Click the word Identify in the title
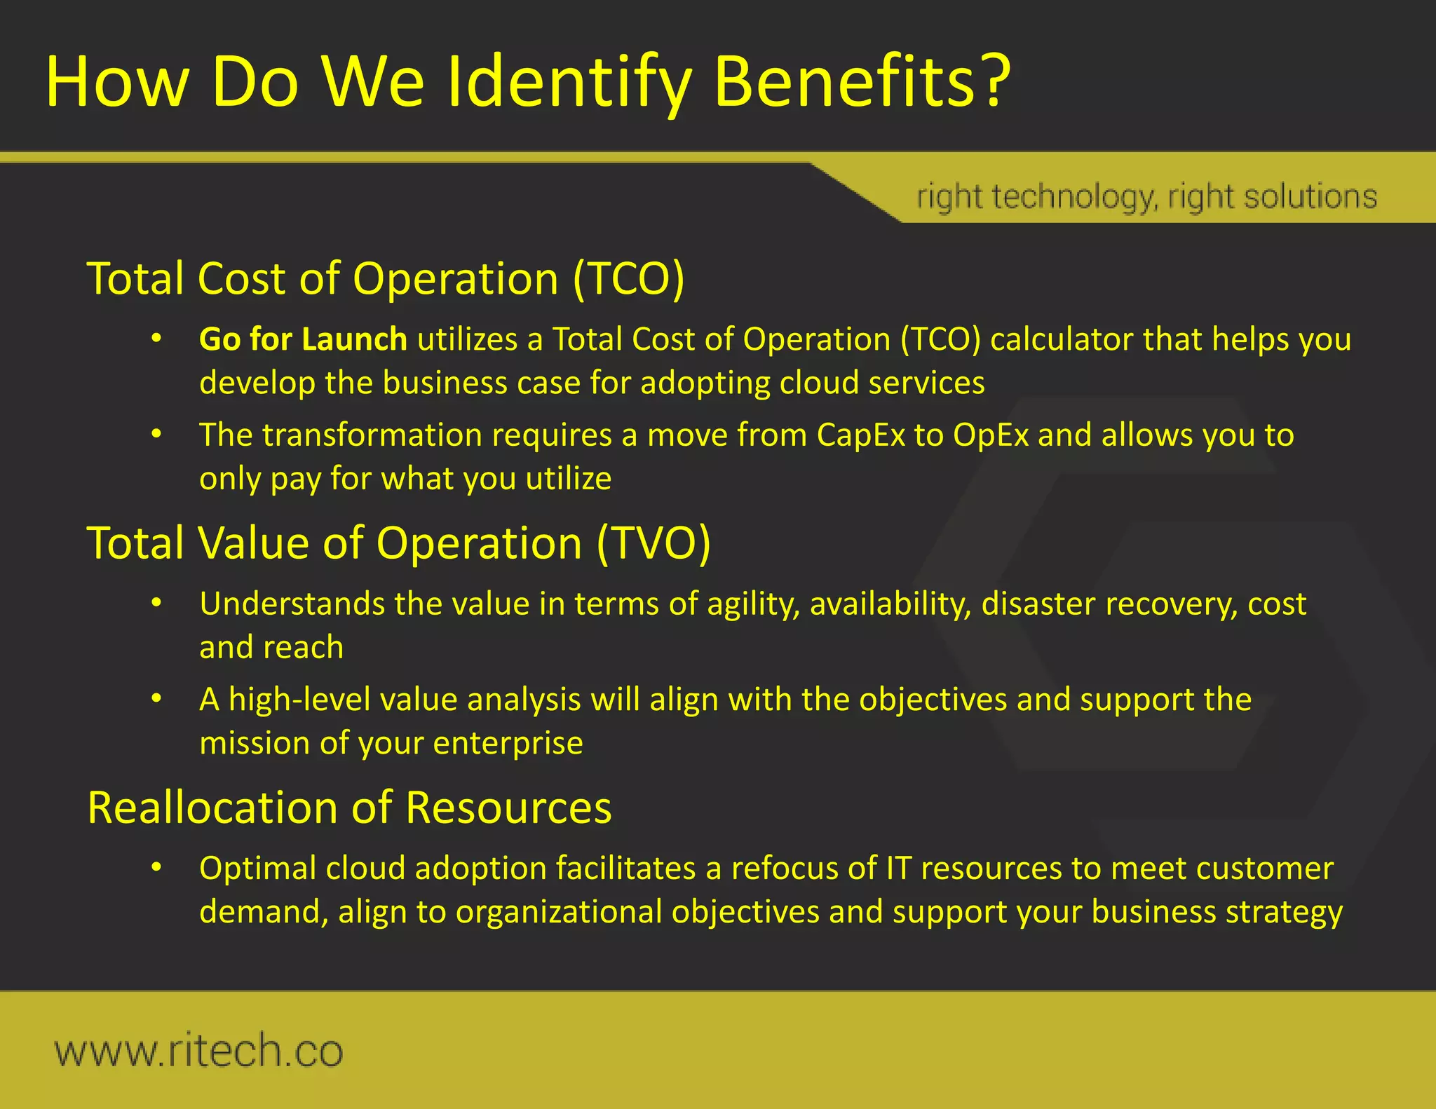point(568,83)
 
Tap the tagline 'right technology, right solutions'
point(1146,197)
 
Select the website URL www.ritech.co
point(198,1050)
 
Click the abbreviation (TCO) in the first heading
point(628,278)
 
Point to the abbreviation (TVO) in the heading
point(653,543)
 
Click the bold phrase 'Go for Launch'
point(303,339)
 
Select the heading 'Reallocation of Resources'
point(349,807)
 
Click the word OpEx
point(991,435)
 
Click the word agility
point(753,604)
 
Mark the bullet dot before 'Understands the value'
point(157,603)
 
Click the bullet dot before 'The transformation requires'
point(157,435)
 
